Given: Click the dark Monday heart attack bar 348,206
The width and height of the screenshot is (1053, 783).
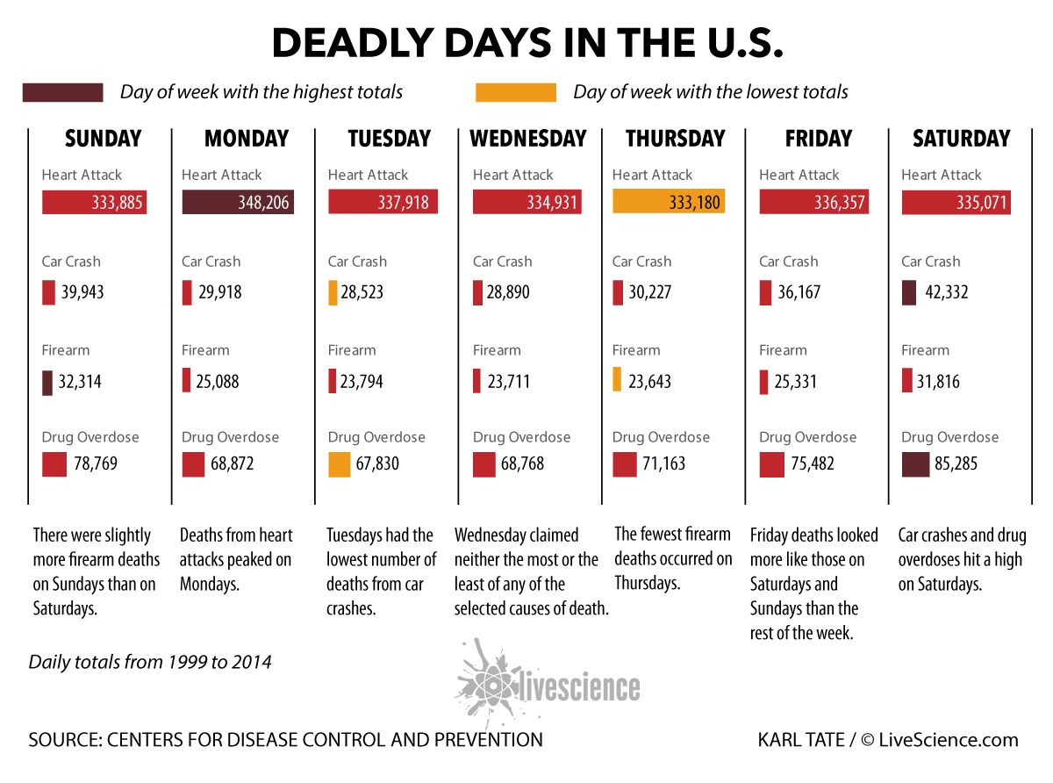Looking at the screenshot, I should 238,203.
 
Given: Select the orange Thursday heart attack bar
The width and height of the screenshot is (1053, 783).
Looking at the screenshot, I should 669,203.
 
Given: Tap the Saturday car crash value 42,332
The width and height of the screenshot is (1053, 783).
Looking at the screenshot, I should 946,292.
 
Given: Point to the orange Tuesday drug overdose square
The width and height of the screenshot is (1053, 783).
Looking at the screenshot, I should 339,463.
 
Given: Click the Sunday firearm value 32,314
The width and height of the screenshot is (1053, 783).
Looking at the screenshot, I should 79,382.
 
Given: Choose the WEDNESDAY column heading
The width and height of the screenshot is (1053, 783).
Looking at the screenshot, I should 527,139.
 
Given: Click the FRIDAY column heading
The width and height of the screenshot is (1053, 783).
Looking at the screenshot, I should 818,139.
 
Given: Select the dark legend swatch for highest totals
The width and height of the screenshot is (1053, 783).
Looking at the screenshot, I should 63,92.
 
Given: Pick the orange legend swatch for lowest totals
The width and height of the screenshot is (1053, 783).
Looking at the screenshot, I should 515,92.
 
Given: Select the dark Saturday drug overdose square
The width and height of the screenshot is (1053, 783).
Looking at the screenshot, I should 915,463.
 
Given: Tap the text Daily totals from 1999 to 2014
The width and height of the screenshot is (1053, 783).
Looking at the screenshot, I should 150,662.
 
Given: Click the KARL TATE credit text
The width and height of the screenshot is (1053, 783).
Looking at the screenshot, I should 804,740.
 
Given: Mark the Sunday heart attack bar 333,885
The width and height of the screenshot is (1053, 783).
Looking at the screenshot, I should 94,203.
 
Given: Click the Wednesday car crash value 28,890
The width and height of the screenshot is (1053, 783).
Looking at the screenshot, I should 511,292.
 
